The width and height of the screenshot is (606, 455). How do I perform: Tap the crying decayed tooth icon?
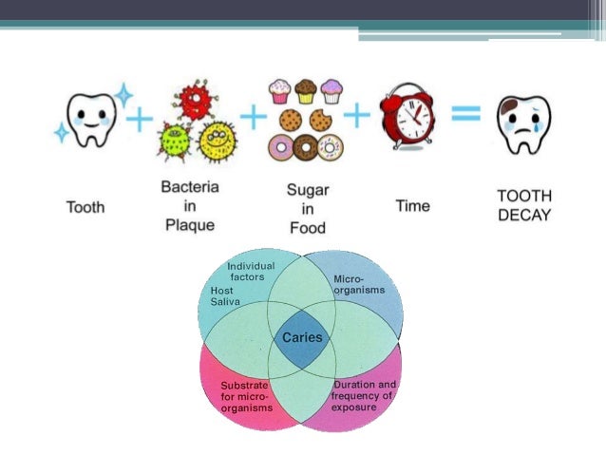pyautogui.click(x=524, y=124)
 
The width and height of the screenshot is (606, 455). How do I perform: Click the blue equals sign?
pyautogui.click(x=465, y=115)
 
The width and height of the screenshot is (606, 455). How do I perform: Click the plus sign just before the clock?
pyautogui.click(x=356, y=116)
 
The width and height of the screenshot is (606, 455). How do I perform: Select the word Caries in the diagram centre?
pyautogui.click(x=303, y=336)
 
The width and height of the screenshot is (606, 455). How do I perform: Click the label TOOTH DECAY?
pyautogui.click(x=523, y=204)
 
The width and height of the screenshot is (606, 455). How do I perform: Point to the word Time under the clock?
pyautogui.click(x=412, y=205)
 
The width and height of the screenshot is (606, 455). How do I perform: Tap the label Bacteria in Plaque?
pyautogui.click(x=190, y=206)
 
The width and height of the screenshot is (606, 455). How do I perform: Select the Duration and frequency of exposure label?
pyautogui.click(x=365, y=395)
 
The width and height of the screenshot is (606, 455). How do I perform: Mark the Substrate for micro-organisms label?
pyautogui.click(x=245, y=396)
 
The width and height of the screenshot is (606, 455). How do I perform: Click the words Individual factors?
pyautogui.click(x=251, y=271)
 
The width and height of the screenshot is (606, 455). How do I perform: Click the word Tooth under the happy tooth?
pyautogui.click(x=86, y=205)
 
